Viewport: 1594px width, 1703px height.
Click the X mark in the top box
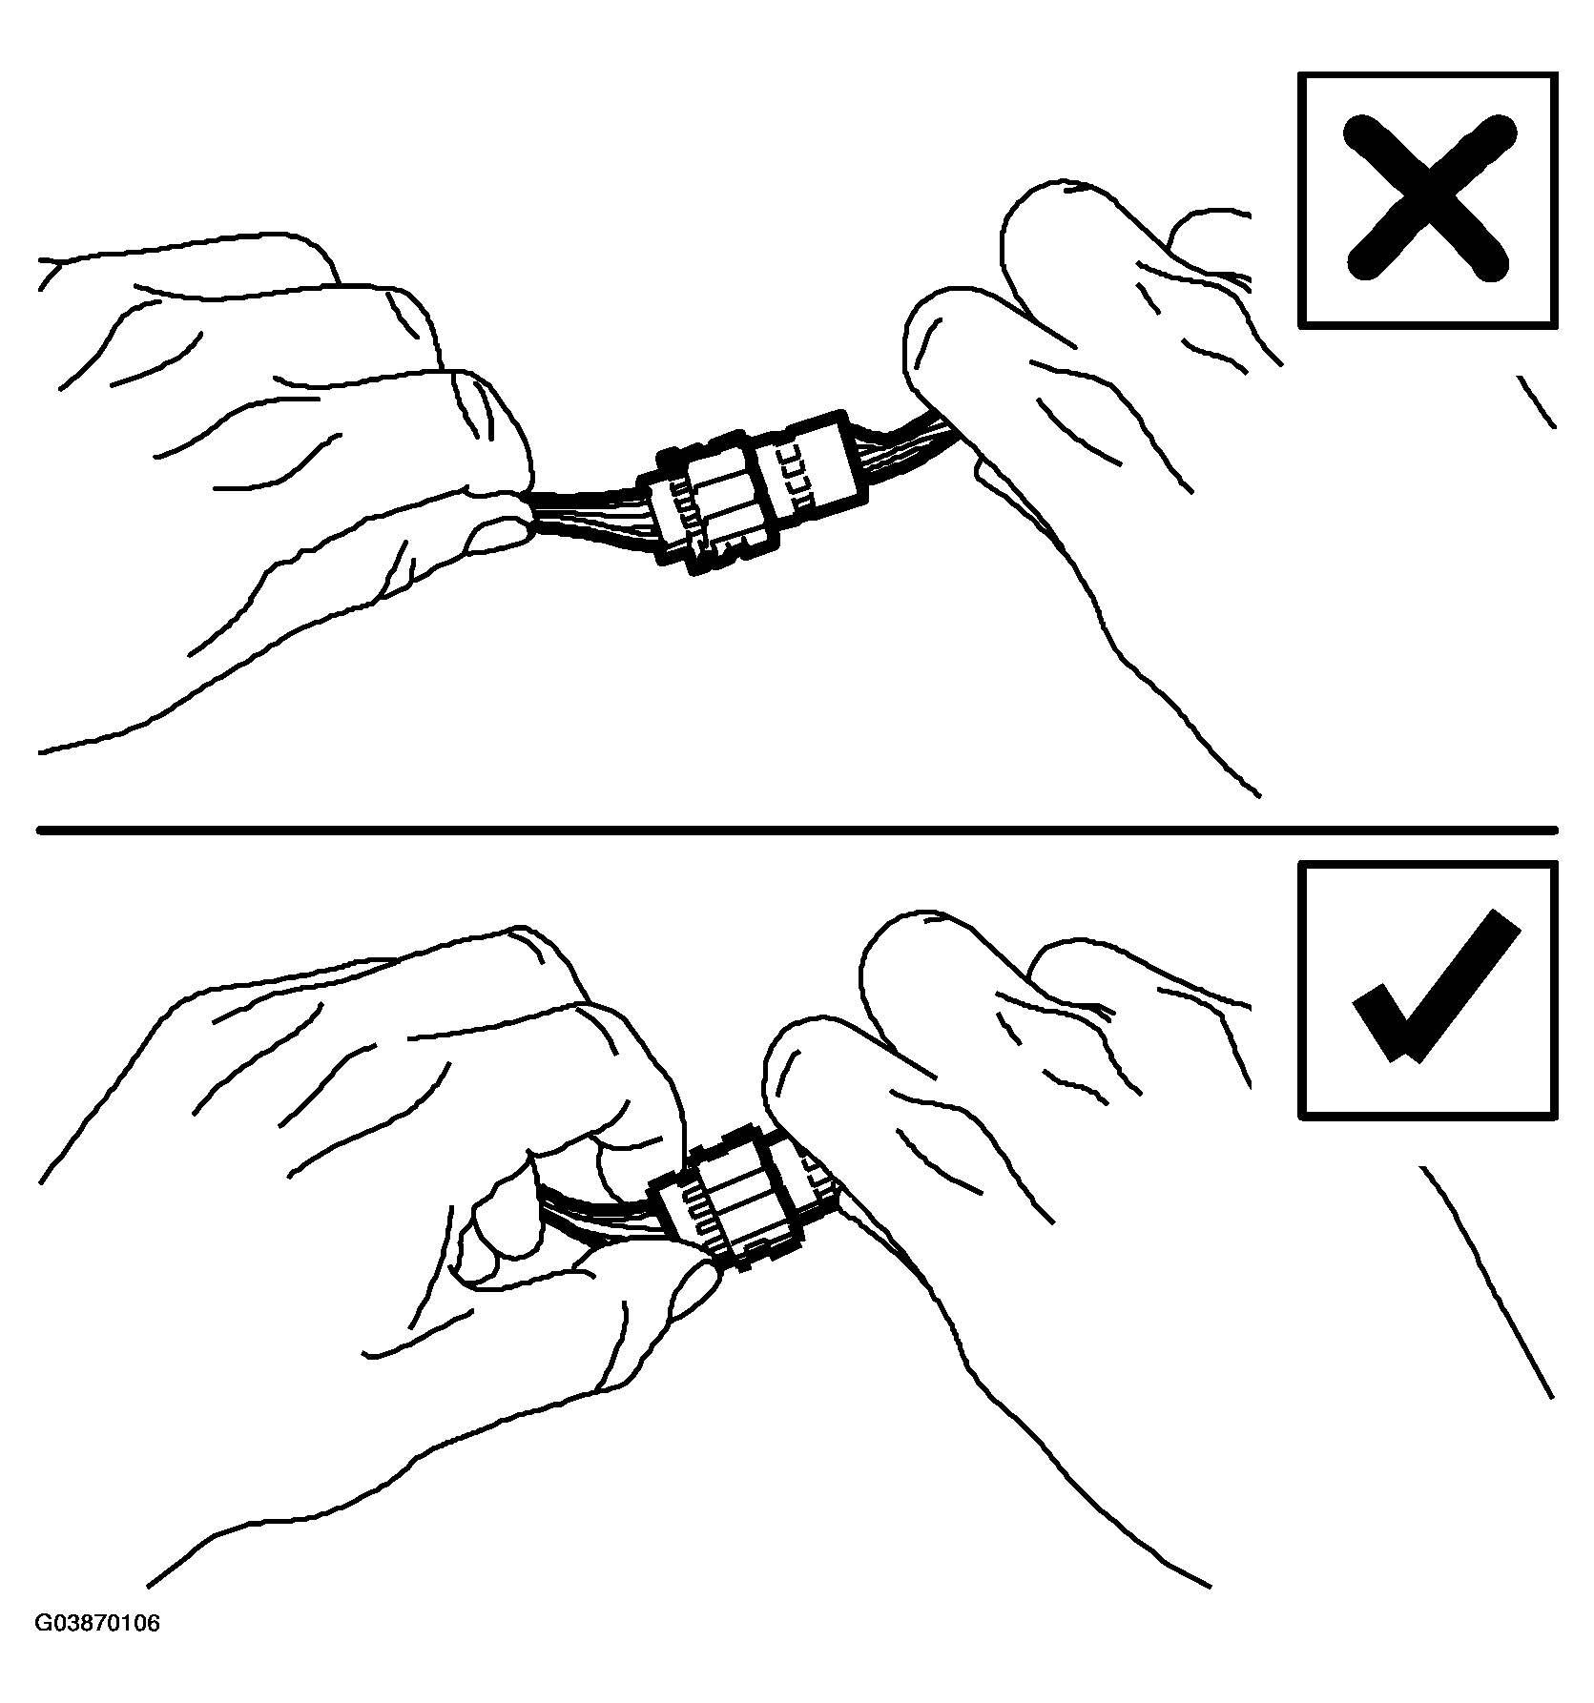tap(1428, 198)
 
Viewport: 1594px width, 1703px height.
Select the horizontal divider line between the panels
tap(797, 830)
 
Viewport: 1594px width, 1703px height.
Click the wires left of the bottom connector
tap(601, 1216)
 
